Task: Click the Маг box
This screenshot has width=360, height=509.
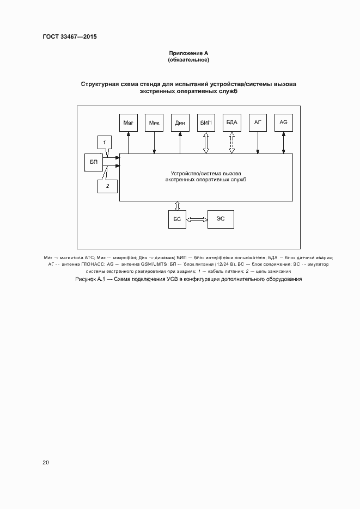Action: click(129, 123)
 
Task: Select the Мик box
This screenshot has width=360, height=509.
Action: click(155, 123)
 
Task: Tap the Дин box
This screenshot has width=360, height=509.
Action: click(180, 123)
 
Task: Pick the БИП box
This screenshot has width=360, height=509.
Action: click(206, 123)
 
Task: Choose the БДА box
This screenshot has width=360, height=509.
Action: click(232, 123)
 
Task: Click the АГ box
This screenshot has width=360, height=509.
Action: click(258, 123)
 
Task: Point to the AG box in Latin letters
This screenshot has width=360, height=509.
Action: click(283, 123)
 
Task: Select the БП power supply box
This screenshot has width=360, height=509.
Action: click(93, 162)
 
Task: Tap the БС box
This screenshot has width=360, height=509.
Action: click(176, 219)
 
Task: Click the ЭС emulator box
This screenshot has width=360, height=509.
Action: click(220, 219)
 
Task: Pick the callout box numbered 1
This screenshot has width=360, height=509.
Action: click(104, 143)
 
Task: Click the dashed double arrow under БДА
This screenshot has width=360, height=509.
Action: click(232, 143)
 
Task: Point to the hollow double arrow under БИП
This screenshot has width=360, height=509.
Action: click(206, 143)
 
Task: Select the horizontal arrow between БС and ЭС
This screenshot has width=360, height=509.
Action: click(197, 219)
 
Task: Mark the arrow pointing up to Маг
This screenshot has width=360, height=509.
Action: click(129, 143)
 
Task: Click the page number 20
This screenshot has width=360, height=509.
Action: click(46, 462)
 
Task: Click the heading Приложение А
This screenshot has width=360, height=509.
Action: click(189, 53)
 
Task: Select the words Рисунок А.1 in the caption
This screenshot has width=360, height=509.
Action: click(89, 279)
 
